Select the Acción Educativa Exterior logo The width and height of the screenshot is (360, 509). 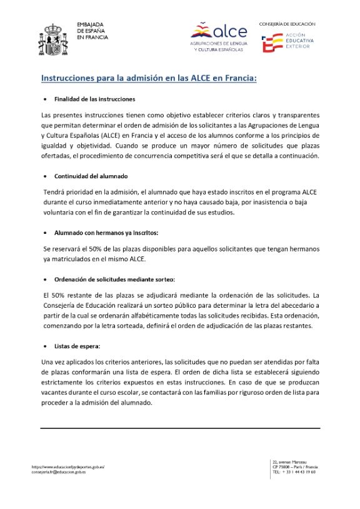287,41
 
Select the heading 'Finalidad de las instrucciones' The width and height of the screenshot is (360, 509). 94,99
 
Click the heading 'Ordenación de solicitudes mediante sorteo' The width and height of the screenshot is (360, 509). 114,279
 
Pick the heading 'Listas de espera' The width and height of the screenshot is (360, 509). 77,346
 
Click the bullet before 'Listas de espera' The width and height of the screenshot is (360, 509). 44,346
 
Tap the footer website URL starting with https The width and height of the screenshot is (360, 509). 67,466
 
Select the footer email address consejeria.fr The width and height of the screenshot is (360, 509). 62,472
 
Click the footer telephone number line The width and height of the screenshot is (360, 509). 293,472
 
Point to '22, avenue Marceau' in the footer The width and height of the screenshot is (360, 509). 289,461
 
